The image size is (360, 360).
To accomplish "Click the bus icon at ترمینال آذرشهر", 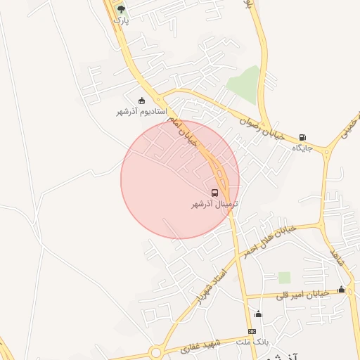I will point(214,193).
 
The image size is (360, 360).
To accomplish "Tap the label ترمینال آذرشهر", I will point(215,204).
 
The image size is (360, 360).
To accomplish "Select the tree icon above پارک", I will point(122,9).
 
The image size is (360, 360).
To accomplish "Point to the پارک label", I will point(122,20).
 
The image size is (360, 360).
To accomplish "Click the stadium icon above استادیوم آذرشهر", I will point(142,101).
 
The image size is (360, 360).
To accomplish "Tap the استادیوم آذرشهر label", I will point(141,112).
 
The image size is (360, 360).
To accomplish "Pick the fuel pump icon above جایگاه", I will point(302,137).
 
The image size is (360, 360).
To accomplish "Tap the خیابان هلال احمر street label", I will point(268,240).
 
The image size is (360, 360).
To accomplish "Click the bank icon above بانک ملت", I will point(252,331).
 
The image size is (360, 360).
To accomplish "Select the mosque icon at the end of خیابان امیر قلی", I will point(342,290).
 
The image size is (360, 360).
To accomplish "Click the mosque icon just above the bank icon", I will point(258,314).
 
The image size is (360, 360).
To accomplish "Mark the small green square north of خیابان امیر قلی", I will point(284,277).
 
